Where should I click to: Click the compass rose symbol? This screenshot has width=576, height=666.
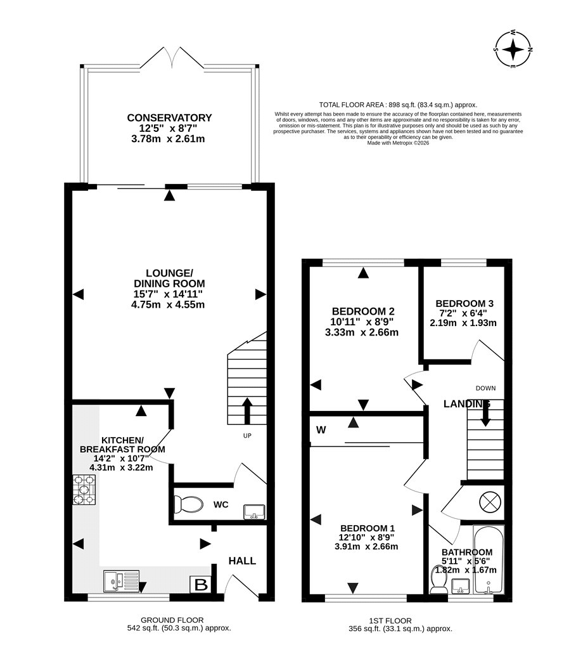pos(513,49)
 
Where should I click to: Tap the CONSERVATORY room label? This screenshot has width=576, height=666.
pos(169,117)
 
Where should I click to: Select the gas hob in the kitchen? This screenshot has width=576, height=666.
pos(84,490)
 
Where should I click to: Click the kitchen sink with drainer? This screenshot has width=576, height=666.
pos(121,581)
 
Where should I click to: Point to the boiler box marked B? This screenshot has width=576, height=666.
pos(201,584)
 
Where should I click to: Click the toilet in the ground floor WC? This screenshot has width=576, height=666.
pos(188,505)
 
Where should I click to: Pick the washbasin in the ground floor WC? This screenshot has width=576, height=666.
pos(254,512)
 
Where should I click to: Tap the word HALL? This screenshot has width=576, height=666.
pos(242,561)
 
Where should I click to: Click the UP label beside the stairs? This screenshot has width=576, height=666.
pos(247,435)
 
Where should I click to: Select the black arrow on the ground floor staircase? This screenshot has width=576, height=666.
pos(247,411)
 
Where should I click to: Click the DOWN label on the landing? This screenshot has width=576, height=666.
pos(485,388)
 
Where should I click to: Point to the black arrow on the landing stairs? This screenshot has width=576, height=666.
pos(485,413)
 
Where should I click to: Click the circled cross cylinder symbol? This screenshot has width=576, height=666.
pos(490,502)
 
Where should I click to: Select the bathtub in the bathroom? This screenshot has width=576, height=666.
pos(489,559)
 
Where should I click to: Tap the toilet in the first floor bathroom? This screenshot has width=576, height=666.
pos(438,579)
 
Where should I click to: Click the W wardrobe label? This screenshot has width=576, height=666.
pos(321,430)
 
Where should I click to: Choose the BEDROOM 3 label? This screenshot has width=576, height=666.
pos(464,304)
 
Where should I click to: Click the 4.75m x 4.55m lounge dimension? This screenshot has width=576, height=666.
pos(168,304)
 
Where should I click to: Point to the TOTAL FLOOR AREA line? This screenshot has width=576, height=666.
pos(398,105)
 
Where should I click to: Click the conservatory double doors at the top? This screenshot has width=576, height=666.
pos(172,57)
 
